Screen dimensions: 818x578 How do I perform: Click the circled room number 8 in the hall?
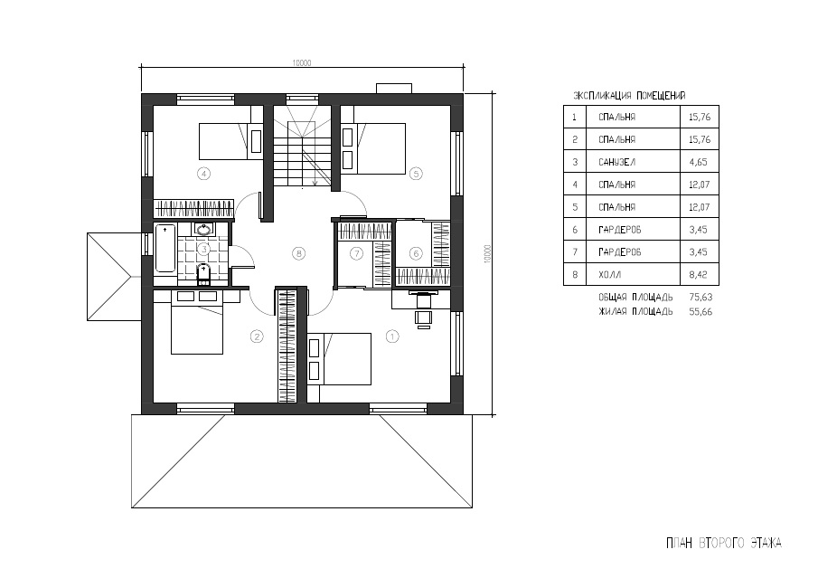[298, 254]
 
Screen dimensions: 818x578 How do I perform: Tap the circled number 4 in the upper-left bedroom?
[203, 174]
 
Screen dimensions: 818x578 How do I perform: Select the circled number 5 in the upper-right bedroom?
[415, 174]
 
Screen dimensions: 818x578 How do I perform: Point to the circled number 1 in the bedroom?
[391, 336]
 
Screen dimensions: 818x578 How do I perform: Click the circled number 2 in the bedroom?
[257, 336]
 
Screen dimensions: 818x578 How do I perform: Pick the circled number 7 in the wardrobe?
[356, 254]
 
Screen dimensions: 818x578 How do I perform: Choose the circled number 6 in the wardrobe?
[416, 254]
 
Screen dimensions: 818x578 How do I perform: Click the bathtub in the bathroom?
[165, 248]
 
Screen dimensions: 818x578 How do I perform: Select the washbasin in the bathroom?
[203, 229]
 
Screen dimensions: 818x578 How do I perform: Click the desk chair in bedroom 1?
[424, 318]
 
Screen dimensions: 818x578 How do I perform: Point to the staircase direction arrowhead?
[315, 183]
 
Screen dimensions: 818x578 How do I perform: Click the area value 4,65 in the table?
[698, 162]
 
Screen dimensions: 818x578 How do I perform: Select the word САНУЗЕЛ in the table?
[616, 162]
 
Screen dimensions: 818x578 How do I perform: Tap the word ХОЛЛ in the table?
[610, 275]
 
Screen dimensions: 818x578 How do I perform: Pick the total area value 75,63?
[700, 297]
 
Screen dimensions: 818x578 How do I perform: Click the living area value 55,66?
[700, 312]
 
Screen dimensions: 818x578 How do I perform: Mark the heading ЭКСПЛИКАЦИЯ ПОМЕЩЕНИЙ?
[629, 96]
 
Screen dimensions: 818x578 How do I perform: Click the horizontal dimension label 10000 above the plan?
[302, 63]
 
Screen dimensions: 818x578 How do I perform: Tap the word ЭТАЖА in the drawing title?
[766, 543]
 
